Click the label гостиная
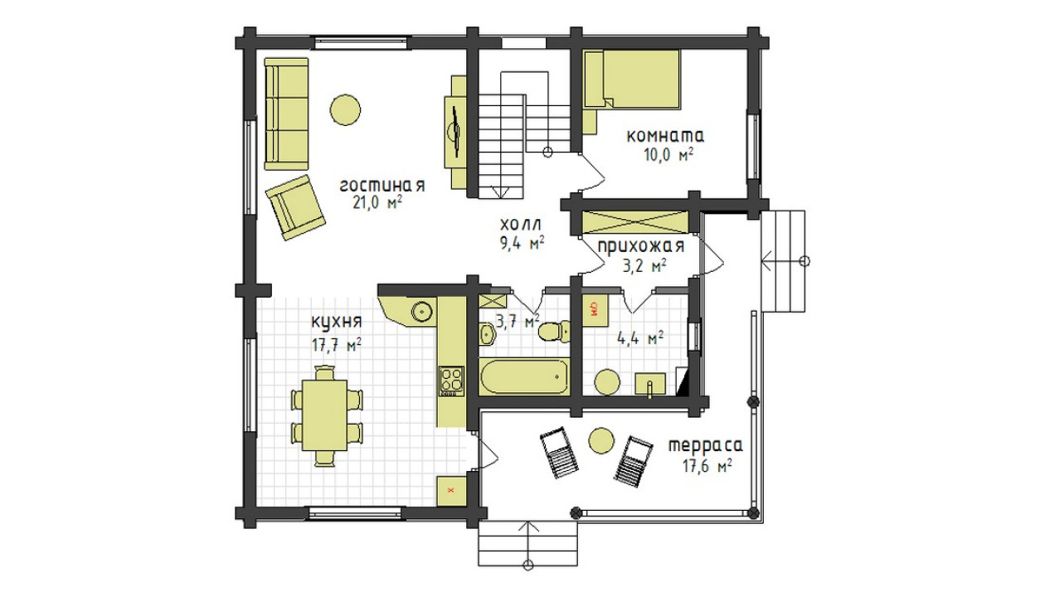click(x=382, y=186)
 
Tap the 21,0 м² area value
click(x=377, y=203)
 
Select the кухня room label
click(x=337, y=323)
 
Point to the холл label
click(x=521, y=225)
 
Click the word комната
click(x=665, y=136)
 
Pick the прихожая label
click(x=641, y=246)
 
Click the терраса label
click(x=707, y=446)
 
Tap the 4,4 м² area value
click(x=640, y=338)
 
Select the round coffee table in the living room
click(x=345, y=109)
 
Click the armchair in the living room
click(x=295, y=207)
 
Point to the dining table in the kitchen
click(x=325, y=415)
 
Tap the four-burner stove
click(x=451, y=381)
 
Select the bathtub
click(x=524, y=376)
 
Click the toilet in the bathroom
click(x=554, y=332)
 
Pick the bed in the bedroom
click(x=632, y=80)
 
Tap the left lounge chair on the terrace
click(x=559, y=453)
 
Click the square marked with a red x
click(x=451, y=491)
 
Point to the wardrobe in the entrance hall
click(x=635, y=222)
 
